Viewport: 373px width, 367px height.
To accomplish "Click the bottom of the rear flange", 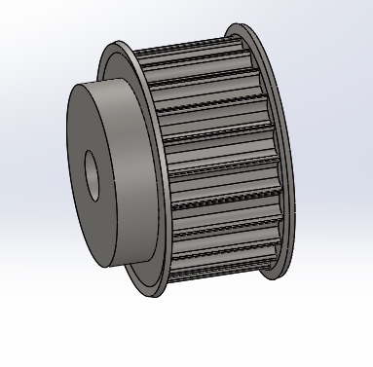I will (x=265, y=276).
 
